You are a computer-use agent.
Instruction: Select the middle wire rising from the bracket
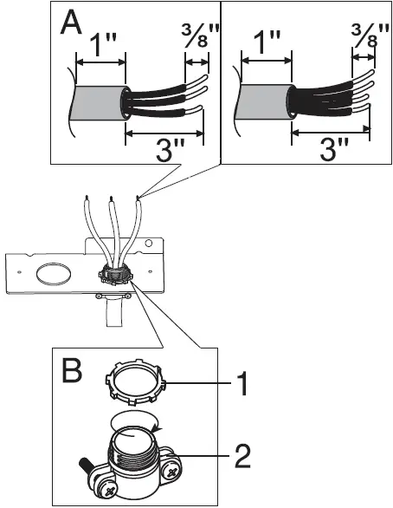[x=112, y=225]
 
